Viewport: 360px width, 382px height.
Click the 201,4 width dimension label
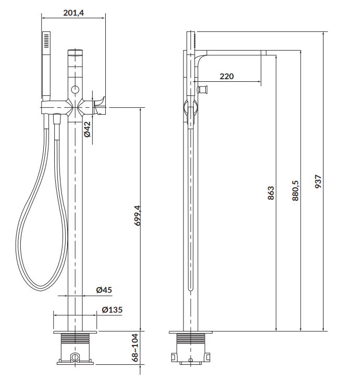tap(73, 13)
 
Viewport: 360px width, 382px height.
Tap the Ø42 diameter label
tap(87, 129)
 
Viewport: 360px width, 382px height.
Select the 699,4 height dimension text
tap(138, 215)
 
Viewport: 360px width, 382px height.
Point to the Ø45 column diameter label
tap(104, 290)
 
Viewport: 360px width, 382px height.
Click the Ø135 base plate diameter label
tap(112, 310)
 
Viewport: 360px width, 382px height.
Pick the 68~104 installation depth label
tap(135, 348)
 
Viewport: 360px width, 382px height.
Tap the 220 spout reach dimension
tap(227, 76)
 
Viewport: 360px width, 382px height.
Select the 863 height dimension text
tap(270, 193)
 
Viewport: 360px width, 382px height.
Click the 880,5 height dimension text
tap(295, 191)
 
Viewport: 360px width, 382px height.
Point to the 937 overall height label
tap(318, 181)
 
